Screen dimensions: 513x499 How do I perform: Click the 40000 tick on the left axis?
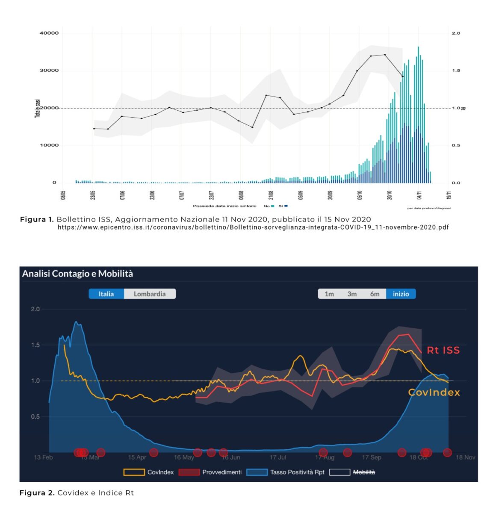(49, 33)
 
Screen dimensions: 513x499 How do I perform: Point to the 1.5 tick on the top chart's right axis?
(456, 71)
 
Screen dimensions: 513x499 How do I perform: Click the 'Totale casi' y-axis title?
(38, 108)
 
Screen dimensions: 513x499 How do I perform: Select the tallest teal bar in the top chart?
(418, 115)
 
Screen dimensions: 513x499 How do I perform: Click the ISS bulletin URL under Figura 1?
(253, 227)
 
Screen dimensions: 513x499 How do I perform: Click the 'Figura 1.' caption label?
(37, 219)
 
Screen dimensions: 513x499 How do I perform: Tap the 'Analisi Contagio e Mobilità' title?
(77, 274)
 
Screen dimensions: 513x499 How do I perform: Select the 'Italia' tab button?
(106, 294)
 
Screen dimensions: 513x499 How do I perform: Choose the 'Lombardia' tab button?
(150, 294)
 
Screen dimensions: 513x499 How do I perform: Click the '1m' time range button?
(329, 294)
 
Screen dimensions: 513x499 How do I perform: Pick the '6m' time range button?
(375, 294)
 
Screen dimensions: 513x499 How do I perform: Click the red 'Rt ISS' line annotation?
(443, 350)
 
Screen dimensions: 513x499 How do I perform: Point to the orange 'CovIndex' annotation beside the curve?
(434, 392)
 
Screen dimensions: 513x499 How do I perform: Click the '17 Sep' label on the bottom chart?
(371, 457)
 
